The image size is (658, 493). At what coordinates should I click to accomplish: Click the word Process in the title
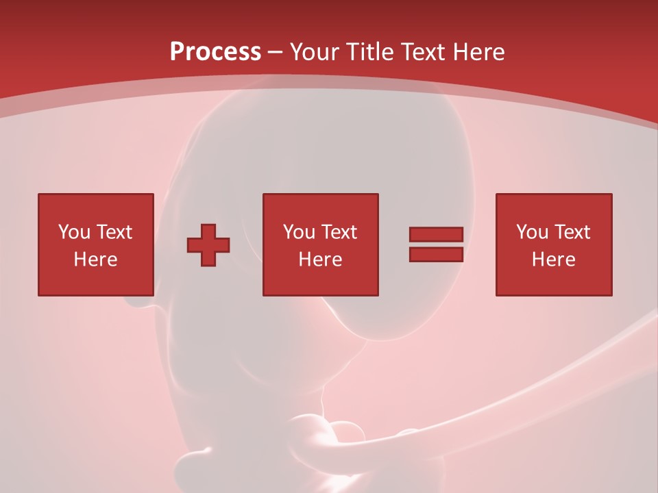pos(215,52)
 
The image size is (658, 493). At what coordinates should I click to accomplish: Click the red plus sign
pos(208,245)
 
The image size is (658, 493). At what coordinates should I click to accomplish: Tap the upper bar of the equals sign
pos(436,235)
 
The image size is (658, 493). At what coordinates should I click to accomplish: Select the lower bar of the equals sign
pos(436,255)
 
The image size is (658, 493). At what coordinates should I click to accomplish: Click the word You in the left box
pos(74,232)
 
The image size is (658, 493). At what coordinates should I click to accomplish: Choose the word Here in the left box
pos(95,260)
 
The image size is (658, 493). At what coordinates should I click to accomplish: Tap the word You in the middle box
pos(299,232)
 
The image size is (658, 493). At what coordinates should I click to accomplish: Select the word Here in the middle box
pos(320,260)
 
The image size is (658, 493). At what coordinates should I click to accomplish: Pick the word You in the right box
pos(532,232)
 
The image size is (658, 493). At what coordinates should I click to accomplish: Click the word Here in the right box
pos(553,260)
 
